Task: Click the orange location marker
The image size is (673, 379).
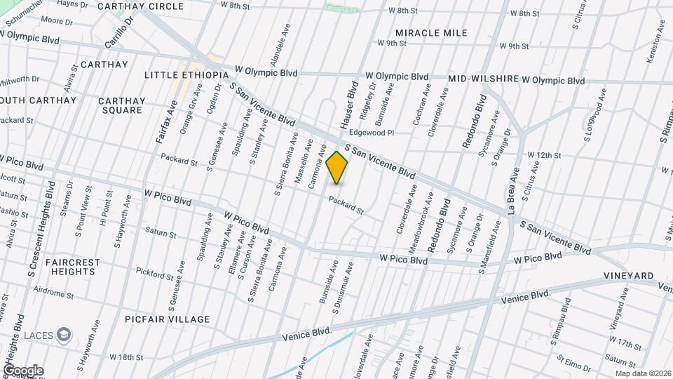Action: click(x=337, y=168)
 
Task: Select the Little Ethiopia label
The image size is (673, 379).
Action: click(x=186, y=75)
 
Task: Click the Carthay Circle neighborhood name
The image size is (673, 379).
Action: click(x=140, y=6)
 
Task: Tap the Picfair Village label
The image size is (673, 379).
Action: click(x=167, y=319)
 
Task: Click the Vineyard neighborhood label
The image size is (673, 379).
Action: click(x=631, y=277)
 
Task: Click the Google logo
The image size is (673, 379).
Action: click(x=23, y=371)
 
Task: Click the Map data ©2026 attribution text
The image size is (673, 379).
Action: click(x=642, y=373)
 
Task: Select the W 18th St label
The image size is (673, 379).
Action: click(x=126, y=357)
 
